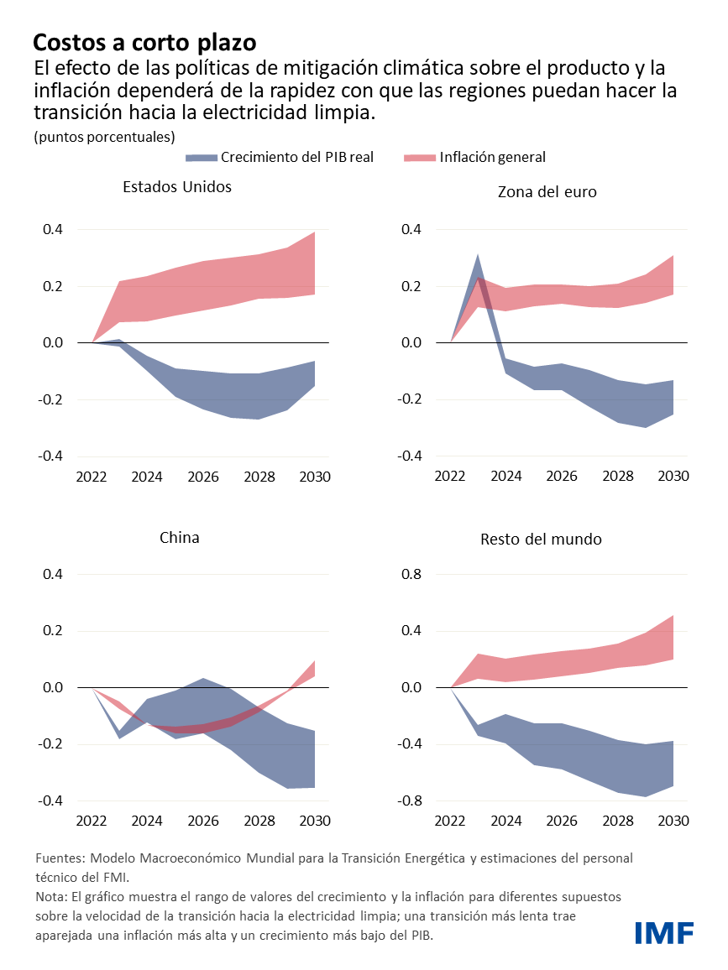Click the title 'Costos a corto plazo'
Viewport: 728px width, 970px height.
click(144, 42)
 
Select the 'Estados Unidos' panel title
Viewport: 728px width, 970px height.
click(176, 187)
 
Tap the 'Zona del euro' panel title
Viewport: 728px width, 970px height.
click(547, 191)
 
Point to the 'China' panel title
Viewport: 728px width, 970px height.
click(180, 537)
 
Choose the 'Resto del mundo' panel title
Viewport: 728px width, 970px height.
click(541, 539)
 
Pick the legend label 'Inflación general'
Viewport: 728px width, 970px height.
click(492, 157)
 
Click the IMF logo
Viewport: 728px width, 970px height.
click(663, 932)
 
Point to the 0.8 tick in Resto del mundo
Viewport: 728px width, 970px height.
click(411, 575)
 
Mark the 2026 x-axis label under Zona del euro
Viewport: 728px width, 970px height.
click(562, 477)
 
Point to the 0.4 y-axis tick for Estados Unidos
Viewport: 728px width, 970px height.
click(53, 229)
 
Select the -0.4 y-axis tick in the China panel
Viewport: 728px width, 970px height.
click(50, 801)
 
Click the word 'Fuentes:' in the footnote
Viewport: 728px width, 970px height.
click(60, 859)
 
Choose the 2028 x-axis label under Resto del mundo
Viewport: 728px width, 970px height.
click(618, 821)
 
